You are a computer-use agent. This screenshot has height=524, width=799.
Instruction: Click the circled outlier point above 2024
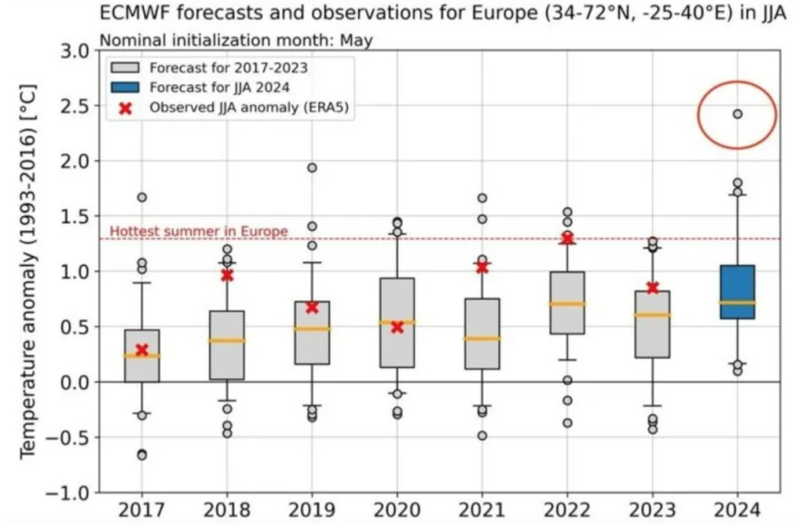pyautogui.click(x=738, y=114)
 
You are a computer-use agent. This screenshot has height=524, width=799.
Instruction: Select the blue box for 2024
pyautogui.click(x=738, y=291)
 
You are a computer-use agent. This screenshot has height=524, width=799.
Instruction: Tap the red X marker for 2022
pyautogui.click(x=568, y=238)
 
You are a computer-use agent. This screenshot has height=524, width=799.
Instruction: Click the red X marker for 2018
pyautogui.click(x=227, y=275)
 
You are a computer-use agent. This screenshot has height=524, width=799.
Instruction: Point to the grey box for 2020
pyautogui.click(x=397, y=343)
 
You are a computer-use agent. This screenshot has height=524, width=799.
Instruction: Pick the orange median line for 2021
pyautogui.click(x=482, y=339)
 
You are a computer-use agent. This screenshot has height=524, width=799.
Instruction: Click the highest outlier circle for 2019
pyautogui.click(x=312, y=168)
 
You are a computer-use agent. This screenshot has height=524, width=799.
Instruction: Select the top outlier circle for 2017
pyautogui.click(x=142, y=197)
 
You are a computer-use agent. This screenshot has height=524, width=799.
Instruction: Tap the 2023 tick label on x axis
pyautogui.click(x=652, y=509)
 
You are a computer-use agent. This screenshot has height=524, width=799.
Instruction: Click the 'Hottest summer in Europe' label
pyautogui.click(x=199, y=231)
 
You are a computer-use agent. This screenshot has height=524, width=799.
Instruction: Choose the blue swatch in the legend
pyautogui.click(x=125, y=87)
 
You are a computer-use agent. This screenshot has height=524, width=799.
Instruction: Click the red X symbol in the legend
pyautogui.click(x=125, y=108)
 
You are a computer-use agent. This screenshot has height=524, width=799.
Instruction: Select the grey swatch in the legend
pyautogui.click(x=125, y=68)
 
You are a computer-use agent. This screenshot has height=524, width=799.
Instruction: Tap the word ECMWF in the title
pyautogui.click(x=134, y=12)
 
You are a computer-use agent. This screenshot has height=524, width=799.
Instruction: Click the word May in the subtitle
pyautogui.click(x=356, y=40)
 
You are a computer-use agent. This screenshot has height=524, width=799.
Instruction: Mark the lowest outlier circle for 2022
pyautogui.click(x=568, y=423)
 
